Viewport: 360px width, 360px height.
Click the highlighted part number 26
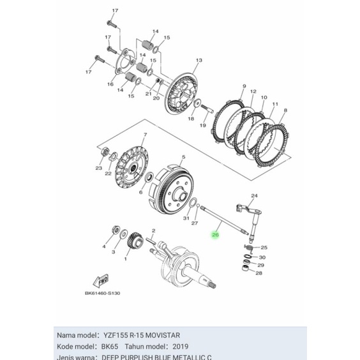(x=214, y=236)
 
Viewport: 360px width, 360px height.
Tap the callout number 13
(x=199, y=60)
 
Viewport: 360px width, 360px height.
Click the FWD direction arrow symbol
(x=100, y=281)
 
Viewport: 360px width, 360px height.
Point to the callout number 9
(x=244, y=86)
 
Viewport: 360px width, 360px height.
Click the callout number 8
(x=284, y=110)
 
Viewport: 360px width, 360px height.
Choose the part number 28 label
(x=259, y=273)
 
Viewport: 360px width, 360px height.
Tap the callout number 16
(x=110, y=84)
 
